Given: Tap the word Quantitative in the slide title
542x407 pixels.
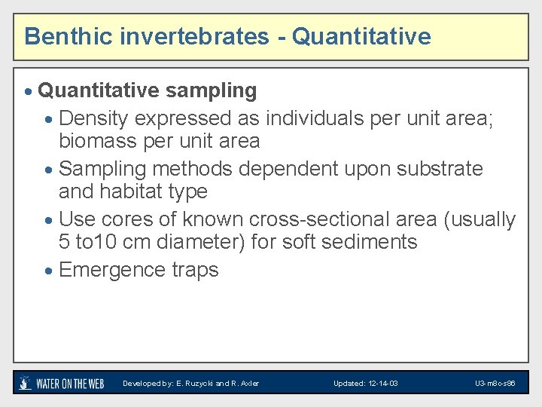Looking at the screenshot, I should (x=361, y=36).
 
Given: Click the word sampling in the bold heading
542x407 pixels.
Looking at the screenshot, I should (x=212, y=91).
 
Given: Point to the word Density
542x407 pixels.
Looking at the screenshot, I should (x=94, y=118).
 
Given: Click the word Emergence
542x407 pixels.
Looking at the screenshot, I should (x=113, y=270).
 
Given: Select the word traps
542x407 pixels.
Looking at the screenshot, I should (x=196, y=270).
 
